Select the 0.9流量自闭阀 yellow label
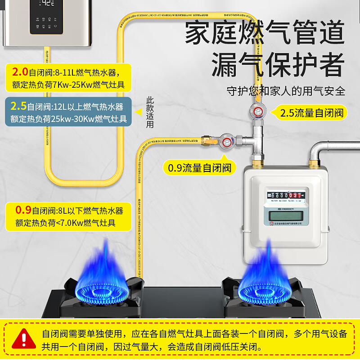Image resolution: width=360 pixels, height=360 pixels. point(199,168)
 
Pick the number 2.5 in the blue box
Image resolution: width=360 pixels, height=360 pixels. point(18,107)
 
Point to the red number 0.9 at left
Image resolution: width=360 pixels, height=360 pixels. point(23,210)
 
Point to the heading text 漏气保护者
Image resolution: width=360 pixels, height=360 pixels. point(278,65)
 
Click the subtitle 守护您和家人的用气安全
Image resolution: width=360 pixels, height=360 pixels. point(286,91)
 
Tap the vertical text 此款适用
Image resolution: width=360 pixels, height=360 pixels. point(150,112)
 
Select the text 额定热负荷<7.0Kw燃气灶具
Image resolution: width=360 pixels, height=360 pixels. point(66,223)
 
